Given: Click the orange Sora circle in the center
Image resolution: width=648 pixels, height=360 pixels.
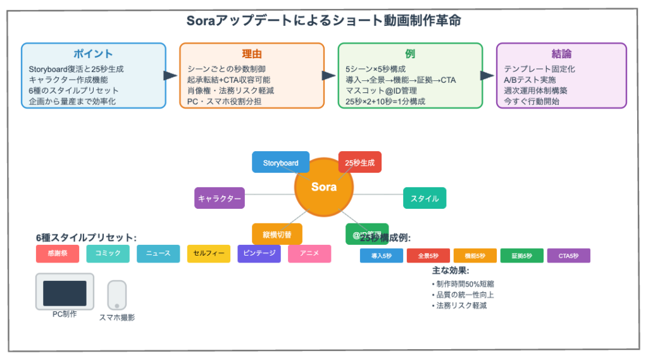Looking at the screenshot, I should (x=324, y=187).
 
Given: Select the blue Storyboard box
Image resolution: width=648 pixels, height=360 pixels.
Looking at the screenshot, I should (x=280, y=163).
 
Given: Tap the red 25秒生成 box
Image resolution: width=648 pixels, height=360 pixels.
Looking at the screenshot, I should (x=359, y=163).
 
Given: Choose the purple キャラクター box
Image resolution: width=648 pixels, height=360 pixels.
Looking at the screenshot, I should (x=219, y=198).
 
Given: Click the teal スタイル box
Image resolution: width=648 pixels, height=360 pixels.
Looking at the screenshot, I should (x=425, y=198).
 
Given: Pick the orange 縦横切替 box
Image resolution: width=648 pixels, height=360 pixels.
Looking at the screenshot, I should (x=277, y=233).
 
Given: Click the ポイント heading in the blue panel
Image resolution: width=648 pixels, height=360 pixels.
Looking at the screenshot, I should (x=94, y=54).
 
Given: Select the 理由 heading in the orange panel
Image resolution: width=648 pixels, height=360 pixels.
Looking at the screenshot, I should (x=251, y=54).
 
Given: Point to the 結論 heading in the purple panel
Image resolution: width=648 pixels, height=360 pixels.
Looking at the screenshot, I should (x=561, y=54).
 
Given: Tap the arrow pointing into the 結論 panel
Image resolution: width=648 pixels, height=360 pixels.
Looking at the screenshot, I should (x=488, y=75).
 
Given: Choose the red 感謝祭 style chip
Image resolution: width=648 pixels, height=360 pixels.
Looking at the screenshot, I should (x=57, y=254).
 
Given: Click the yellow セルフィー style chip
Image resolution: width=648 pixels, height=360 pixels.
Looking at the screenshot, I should (x=208, y=254).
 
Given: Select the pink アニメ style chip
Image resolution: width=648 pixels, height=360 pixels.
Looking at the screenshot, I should (x=309, y=254).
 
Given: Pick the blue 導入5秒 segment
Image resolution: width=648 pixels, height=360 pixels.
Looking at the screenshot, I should (x=381, y=256).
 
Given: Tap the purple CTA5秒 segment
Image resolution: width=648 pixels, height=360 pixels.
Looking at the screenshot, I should (x=568, y=256).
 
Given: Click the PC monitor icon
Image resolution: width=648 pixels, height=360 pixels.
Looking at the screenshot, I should (x=65, y=292).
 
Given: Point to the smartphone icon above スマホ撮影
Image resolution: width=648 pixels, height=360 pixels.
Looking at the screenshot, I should (x=116, y=295).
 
